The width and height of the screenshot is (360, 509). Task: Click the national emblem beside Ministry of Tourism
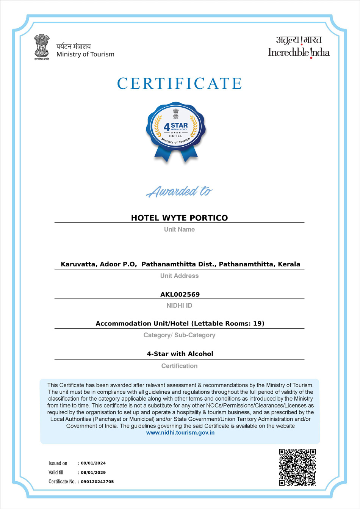point(42,47)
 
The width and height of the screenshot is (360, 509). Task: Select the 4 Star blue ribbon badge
point(176,131)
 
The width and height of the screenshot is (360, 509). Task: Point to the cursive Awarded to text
point(179,191)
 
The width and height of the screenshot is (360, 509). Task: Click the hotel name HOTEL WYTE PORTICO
point(179,218)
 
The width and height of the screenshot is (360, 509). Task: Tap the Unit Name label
point(179,229)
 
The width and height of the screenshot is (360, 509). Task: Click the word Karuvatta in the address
point(78,264)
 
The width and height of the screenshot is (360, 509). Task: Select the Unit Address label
point(179,276)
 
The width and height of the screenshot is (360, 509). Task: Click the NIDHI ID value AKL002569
point(180,294)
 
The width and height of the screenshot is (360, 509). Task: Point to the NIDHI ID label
point(179,305)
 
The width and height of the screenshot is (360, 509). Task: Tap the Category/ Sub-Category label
point(179,335)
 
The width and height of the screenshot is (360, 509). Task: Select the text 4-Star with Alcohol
point(180,354)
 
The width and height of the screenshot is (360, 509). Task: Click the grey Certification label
point(179,366)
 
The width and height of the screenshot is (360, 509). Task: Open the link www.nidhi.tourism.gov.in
point(180,433)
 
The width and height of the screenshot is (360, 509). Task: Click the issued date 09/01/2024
point(93,463)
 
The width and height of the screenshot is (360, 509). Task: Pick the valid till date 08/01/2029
point(93,473)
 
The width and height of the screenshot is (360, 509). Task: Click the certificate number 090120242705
point(97,482)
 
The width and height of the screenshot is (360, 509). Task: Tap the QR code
point(297,467)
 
